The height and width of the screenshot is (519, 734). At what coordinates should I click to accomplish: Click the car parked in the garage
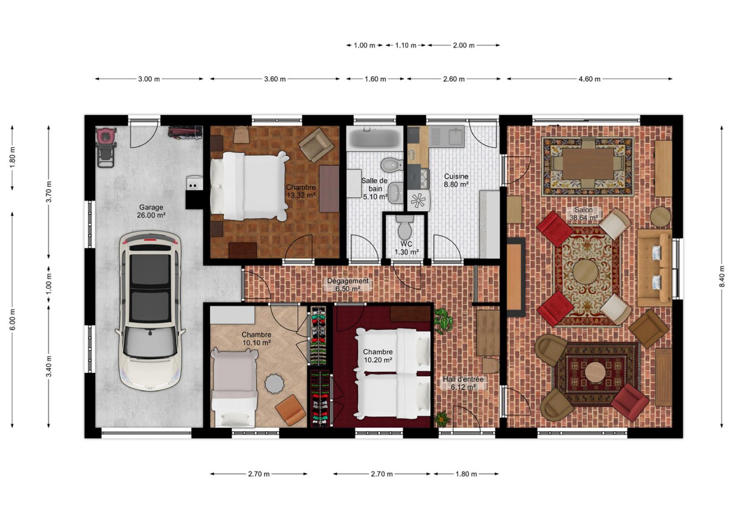(x=151, y=311)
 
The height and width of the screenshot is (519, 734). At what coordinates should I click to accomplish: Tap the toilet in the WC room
(x=405, y=227)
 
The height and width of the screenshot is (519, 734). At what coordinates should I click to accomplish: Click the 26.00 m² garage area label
(x=151, y=215)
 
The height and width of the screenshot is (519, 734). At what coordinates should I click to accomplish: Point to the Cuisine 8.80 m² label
(x=456, y=180)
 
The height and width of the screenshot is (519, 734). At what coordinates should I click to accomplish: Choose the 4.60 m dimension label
(x=589, y=79)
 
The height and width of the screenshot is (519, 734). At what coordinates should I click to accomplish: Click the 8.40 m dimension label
(x=722, y=276)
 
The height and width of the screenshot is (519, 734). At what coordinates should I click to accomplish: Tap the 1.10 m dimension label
(x=406, y=45)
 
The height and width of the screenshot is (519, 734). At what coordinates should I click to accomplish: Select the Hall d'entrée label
(x=463, y=379)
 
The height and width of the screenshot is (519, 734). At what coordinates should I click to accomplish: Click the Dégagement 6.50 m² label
(x=348, y=285)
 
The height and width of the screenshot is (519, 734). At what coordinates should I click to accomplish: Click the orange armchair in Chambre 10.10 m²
(x=291, y=410)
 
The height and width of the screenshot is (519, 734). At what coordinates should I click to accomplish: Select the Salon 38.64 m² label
(x=583, y=213)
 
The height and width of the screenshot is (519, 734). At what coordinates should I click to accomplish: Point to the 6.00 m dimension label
(x=13, y=319)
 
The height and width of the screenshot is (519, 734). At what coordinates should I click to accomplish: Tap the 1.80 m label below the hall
(x=466, y=474)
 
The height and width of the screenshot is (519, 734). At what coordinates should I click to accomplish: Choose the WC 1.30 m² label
(x=406, y=247)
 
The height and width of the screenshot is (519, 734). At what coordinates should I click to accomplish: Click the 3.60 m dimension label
(x=275, y=79)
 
